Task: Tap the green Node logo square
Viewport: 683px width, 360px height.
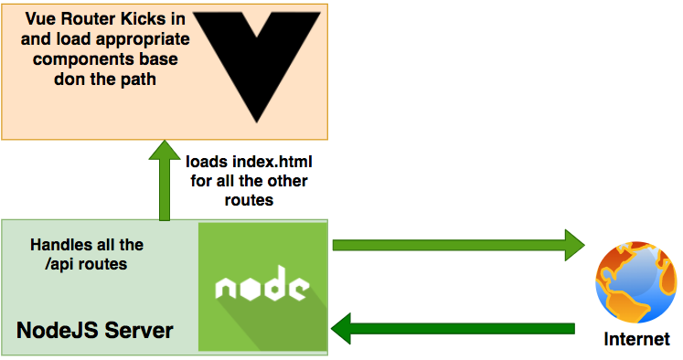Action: pos(263,285)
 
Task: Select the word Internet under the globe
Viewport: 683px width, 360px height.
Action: pos(637,340)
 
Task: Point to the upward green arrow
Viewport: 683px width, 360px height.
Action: pos(165,180)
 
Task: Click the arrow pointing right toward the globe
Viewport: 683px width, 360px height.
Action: pos(457,244)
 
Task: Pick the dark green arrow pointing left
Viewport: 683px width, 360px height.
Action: pos(454,326)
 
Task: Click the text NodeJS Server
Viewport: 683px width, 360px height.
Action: pos(95,329)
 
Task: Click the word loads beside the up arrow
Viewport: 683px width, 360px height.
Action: pos(207,162)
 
